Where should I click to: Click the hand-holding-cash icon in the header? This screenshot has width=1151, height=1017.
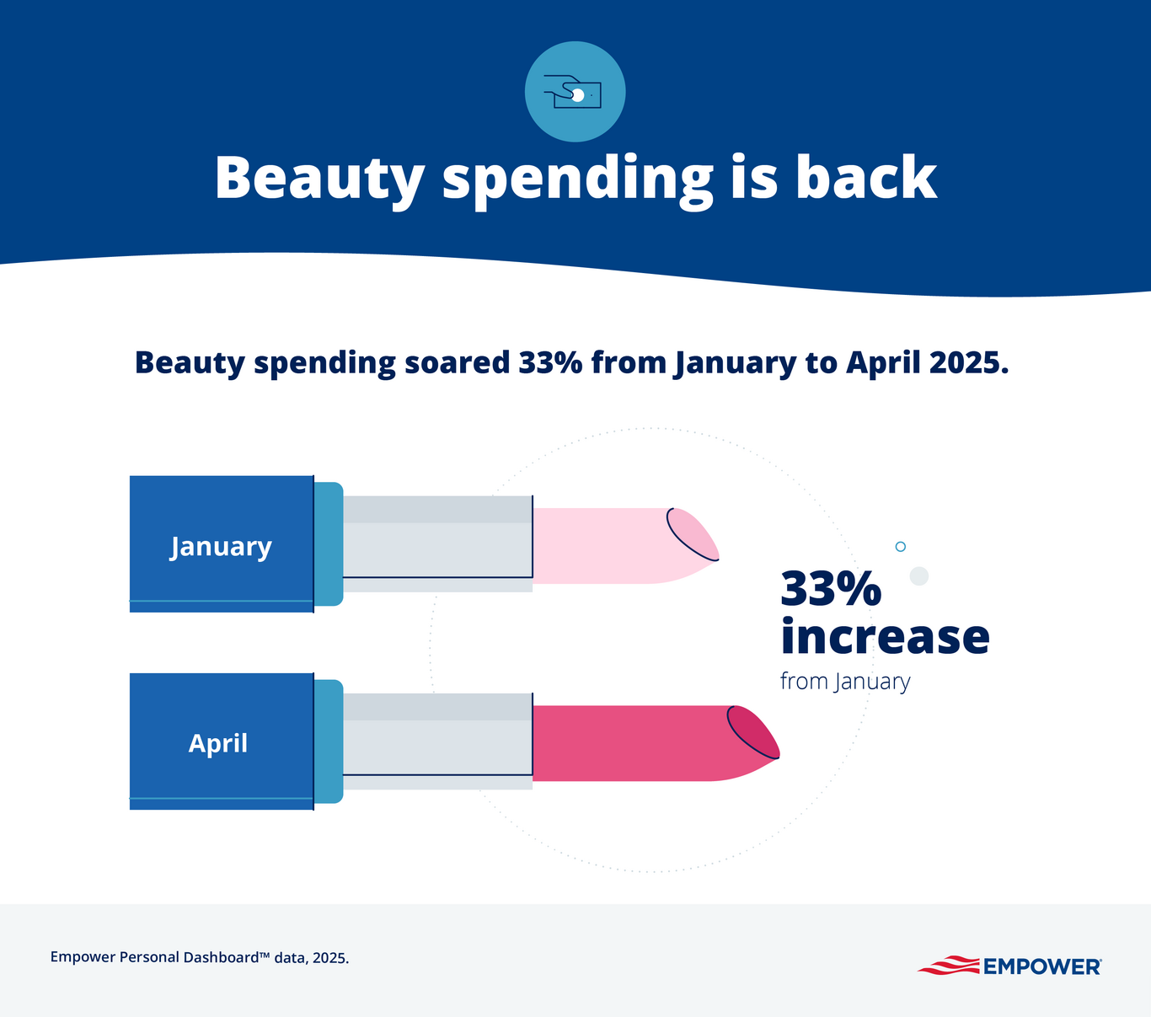[x=575, y=92]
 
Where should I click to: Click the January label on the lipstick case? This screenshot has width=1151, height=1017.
[x=221, y=547]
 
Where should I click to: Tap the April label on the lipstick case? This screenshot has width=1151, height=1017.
[x=218, y=743]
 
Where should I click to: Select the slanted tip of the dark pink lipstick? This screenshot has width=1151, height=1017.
[x=753, y=731]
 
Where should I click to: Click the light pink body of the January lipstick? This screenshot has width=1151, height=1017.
[x=598, y=546]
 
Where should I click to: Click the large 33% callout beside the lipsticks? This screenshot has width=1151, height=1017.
[x=831, y=588]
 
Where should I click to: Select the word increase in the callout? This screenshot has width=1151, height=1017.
[x=885, y=637]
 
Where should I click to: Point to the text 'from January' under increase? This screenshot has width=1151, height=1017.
[x=845, y=681]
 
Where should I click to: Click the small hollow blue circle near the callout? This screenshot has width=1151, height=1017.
[x=900, y=547]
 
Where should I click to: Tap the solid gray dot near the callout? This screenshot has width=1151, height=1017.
[x=919, y=576]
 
